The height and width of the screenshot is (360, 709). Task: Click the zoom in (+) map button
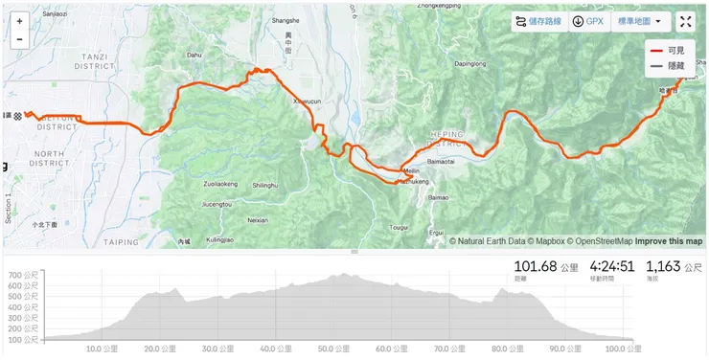pos(19,20)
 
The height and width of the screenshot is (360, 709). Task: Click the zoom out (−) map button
pos(19,39)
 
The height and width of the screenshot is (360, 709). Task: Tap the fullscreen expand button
pos(686,22)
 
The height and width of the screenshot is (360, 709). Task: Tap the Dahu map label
pos(195,56)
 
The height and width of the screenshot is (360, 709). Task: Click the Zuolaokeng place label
pos(220,184)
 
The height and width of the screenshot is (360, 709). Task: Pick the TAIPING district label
pos(122,242)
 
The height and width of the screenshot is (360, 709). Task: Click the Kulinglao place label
pos(220,241)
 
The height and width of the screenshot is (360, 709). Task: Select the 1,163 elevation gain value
pos(668,267)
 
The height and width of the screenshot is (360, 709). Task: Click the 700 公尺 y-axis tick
pos(24,276)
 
